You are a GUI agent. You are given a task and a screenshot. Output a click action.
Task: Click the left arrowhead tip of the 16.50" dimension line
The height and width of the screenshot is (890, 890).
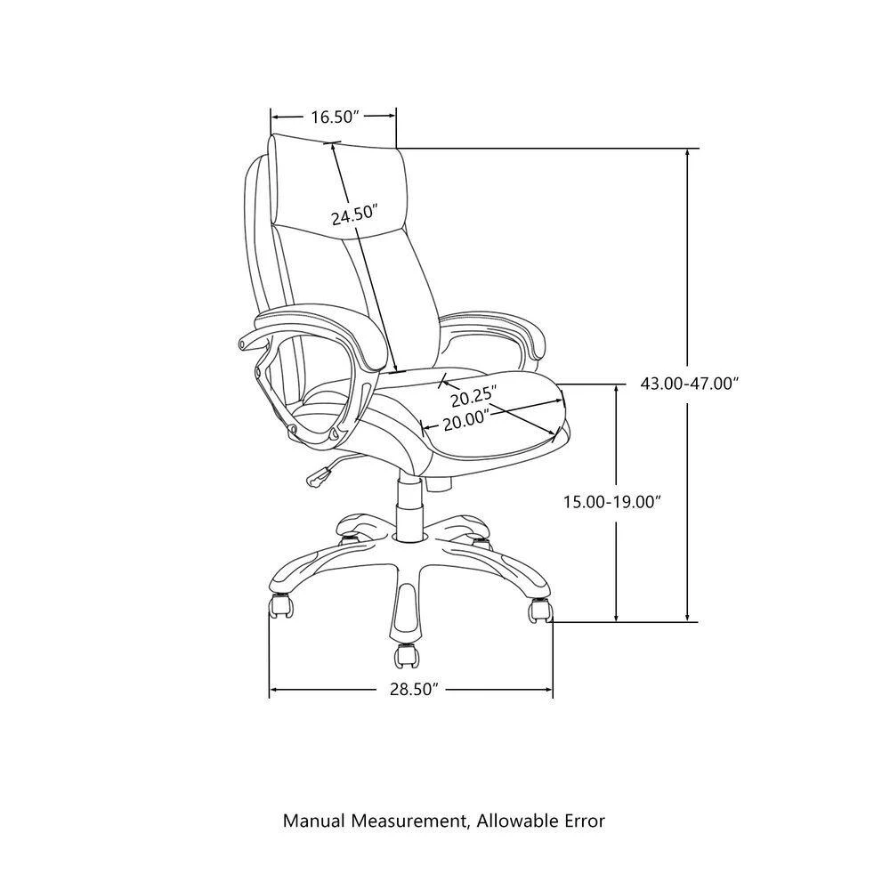[x=271, y=117]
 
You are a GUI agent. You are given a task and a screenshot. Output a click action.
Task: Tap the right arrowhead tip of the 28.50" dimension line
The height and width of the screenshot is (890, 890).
[x=553, y=690]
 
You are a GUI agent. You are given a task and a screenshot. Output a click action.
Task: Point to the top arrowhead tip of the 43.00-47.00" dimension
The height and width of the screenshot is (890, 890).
[x=688, y=149]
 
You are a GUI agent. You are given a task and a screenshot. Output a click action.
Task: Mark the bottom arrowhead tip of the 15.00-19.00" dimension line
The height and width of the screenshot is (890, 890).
[x=617, y=621]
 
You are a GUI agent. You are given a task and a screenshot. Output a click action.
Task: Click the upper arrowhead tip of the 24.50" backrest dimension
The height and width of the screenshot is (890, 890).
[x=332, y=143]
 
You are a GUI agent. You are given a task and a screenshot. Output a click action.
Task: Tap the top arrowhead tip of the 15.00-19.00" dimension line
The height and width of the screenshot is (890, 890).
[x=617, y=384]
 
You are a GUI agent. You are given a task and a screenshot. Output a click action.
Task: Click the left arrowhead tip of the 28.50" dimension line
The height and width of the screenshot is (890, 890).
[x=270, y=690]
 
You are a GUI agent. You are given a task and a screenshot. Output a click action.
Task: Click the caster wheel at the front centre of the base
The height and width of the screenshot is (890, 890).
[x=406, y=656]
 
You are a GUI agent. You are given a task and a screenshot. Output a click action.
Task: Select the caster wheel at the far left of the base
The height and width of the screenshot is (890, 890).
[x=281, y=606]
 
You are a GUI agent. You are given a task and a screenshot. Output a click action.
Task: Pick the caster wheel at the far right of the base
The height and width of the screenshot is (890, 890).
[x=540, y=611]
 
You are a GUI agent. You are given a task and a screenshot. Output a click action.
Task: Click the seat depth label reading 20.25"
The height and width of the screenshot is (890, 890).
[x=474, y=395]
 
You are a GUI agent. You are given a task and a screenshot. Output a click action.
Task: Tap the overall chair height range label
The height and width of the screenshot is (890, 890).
[x=690, y=384]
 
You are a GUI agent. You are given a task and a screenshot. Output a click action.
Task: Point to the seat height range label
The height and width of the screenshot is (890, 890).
[x=612, y=502]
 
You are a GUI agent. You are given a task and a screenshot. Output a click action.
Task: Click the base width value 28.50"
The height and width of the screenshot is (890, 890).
[x=415, y=690]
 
